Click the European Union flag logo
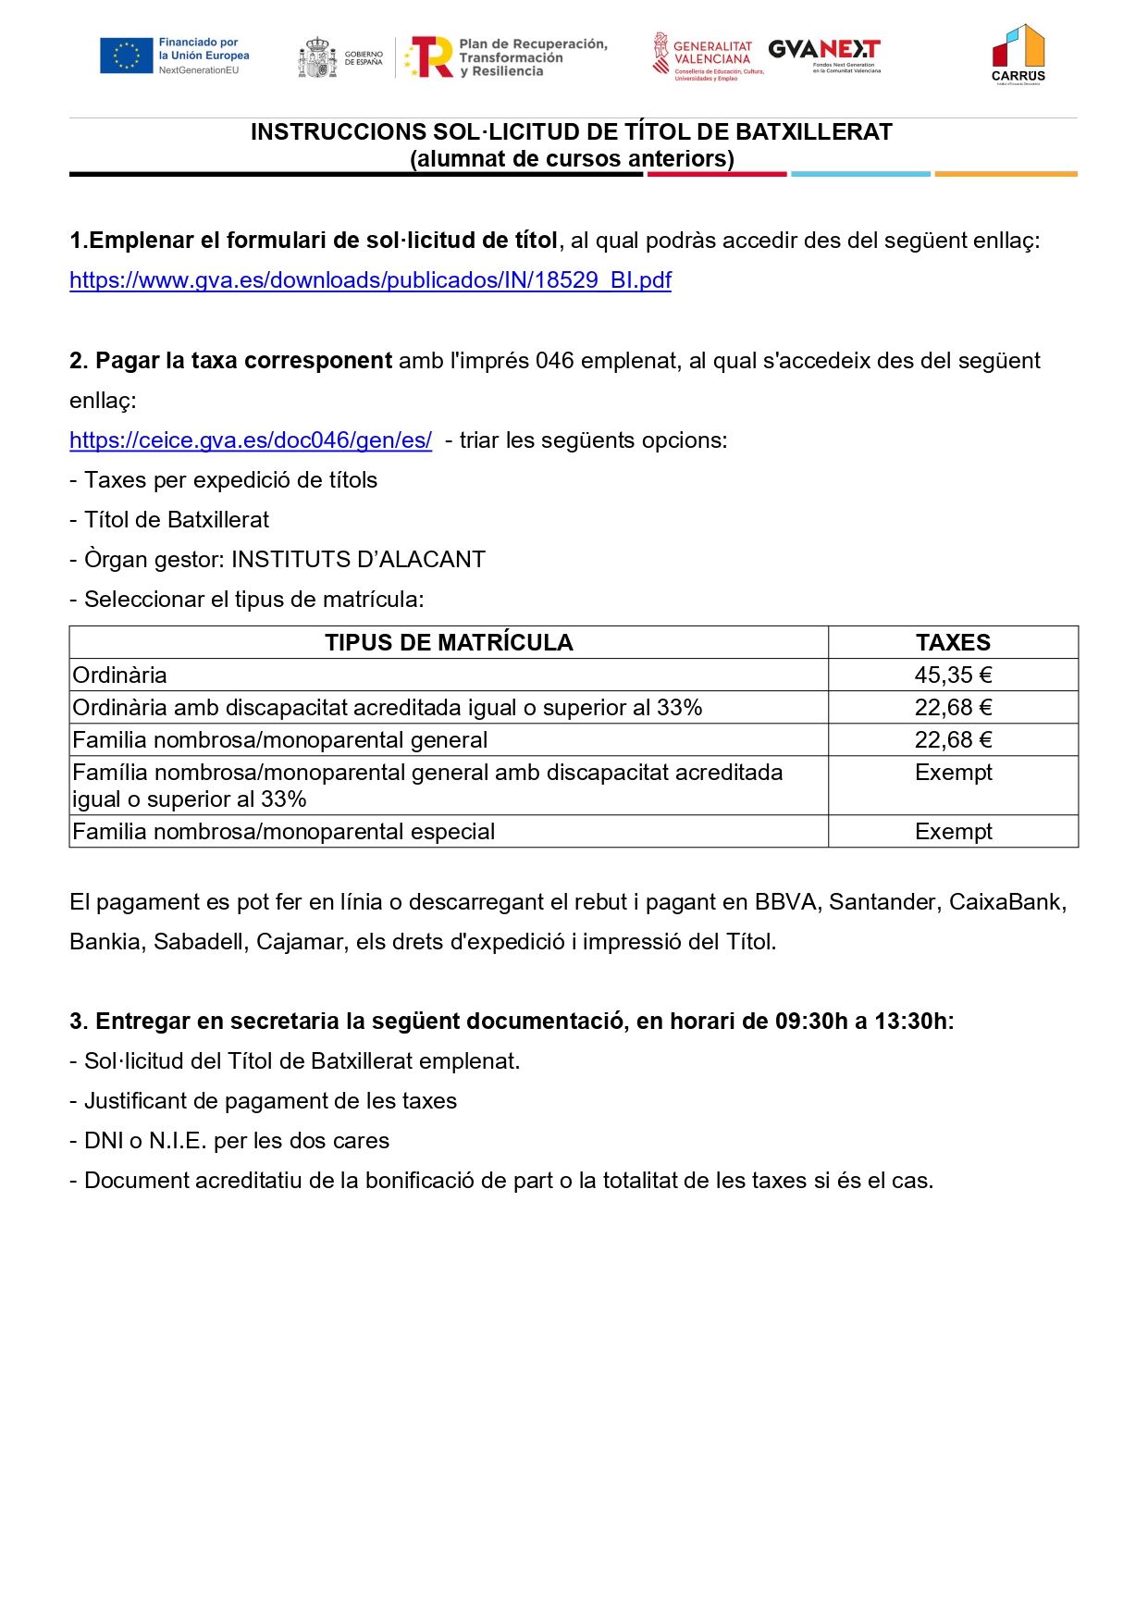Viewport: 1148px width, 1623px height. point(127,56)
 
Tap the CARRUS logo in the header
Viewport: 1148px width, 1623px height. point(1018,54)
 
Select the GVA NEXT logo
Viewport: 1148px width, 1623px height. point(824,54)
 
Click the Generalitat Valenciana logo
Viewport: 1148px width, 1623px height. point(708,56)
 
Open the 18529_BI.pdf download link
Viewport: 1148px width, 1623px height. point(370,280)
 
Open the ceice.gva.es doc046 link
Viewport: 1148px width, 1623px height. point(251,440)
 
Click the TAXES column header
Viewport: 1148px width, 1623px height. point(953,642)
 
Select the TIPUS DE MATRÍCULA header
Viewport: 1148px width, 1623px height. point(449,642)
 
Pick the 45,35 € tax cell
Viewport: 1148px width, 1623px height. point(953,675)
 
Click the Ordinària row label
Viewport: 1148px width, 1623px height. point(120,675)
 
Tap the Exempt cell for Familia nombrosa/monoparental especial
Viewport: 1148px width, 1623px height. point(953,832)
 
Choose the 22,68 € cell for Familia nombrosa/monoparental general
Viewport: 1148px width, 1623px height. point(953,740)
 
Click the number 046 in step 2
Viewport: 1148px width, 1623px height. point(554,361)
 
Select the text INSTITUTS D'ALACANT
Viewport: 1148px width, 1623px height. point(358,560)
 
